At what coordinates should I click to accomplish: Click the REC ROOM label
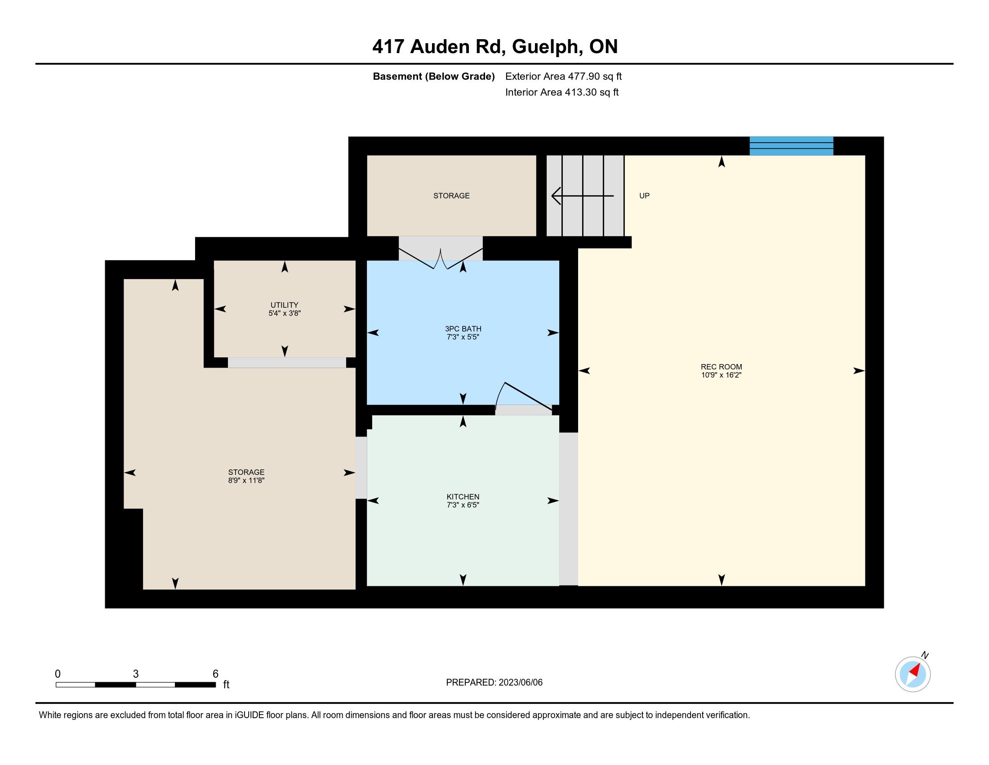tap(722, 367)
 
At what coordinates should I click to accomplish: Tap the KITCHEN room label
tap(463, 497)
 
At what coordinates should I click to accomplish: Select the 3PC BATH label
tap(463, 328)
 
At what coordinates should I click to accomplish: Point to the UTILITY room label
tap(285, 305)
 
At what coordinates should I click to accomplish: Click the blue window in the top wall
tap(791, 146)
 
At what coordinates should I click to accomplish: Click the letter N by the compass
tap(925, 655)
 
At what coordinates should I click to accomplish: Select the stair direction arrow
tap(582, 196)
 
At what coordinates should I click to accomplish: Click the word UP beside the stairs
tap(644, 196)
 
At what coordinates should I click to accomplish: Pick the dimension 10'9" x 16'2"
tap(722, 375)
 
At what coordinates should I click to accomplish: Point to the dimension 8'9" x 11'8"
tap(246, 481)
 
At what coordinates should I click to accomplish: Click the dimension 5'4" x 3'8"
tap(285, 313)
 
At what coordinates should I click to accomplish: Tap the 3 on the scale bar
tap(136, 674)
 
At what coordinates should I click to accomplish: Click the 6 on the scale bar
tap(215, 674)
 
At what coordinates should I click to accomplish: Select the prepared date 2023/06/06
tap(520, 683)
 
